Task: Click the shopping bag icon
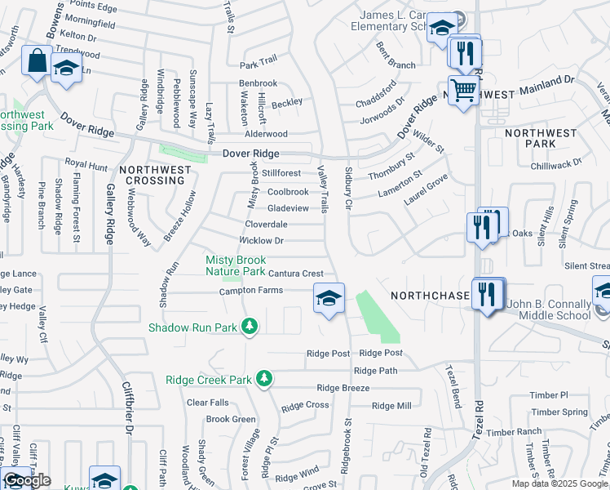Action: coord(38,60)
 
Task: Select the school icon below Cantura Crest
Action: coord(329,298)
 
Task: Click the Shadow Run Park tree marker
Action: coord(250,327)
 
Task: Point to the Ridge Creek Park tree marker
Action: coord(263,379)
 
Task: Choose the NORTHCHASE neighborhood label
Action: coord(430,295)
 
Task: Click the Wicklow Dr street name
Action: coord(261,241)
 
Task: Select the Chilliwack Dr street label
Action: coord(554,163)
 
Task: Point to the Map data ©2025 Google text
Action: coord(560,483)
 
